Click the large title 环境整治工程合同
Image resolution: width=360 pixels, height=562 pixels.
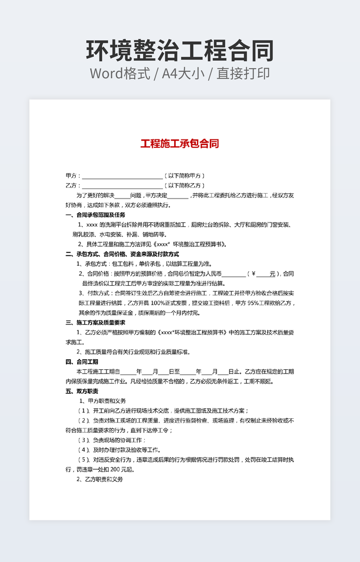click(180, 51)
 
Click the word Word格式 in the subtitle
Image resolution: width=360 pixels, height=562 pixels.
click(120, 73)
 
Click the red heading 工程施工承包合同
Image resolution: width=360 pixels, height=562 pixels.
click(179, 144)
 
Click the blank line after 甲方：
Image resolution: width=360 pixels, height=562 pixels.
click(122, 176)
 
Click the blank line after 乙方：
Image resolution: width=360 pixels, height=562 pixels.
click(122, 186)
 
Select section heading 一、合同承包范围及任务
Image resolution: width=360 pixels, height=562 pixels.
click(95, 215)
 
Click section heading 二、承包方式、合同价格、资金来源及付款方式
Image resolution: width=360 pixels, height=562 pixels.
click(122, 254)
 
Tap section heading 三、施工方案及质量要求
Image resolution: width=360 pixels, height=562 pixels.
click(95, 323)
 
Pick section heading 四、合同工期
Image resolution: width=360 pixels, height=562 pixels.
click(81, 361)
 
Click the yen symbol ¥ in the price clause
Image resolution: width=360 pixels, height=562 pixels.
click(253, 274)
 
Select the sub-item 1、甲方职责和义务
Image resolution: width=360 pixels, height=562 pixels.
click(102, 401)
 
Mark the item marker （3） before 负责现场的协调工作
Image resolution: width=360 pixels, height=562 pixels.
click(84, 440)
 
